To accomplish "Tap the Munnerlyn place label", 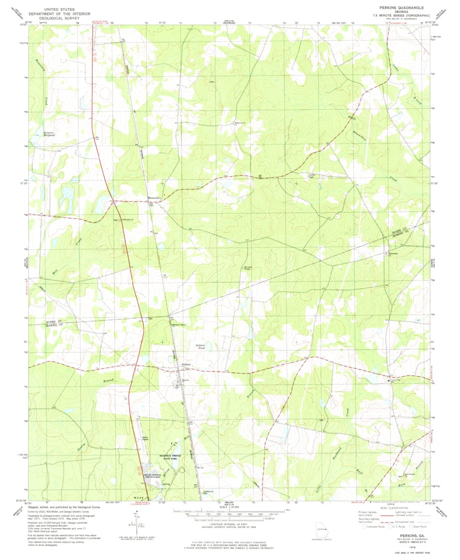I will click(154, 198).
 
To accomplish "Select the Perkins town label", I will click(186, 365).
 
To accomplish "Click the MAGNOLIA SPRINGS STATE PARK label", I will click(159, 457).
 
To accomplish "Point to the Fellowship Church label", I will click(128, 220).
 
